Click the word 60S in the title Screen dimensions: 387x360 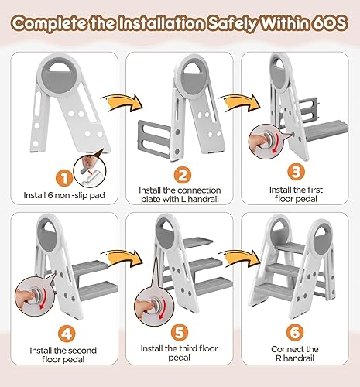[x=327, y=23]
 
